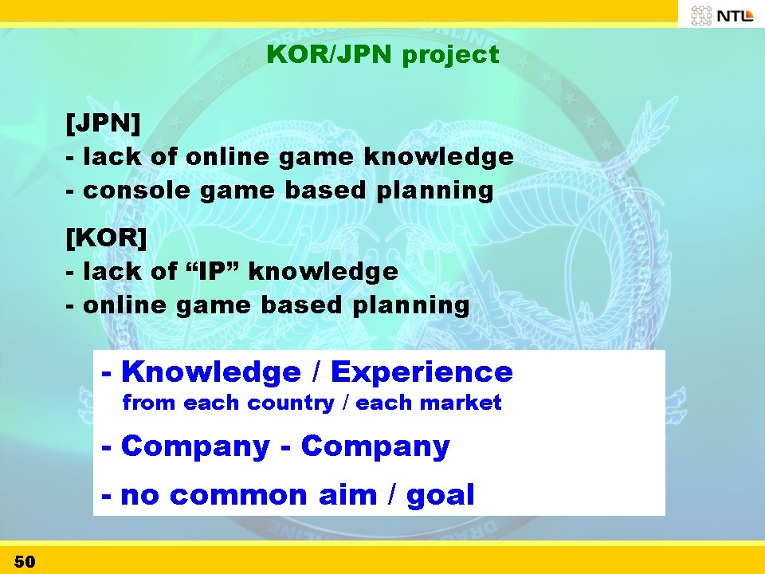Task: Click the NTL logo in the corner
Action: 722,15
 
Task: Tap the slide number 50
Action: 25,561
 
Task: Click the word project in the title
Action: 450,55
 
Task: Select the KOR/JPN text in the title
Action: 329,53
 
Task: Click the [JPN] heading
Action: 103,123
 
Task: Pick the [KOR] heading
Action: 106,238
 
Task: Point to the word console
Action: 136,190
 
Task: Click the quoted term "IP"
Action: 213,270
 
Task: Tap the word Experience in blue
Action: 422,373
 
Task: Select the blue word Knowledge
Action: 210,373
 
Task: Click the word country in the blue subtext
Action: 291,403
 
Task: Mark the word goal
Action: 440,496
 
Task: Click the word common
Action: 238,495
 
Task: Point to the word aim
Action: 348,494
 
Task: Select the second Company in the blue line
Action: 375,446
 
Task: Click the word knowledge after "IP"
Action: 324,271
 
